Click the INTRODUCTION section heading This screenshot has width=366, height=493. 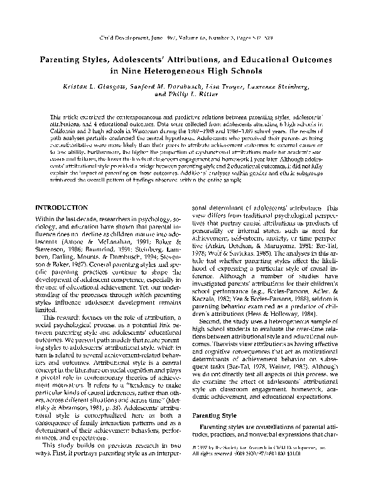[x=61, y=207]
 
